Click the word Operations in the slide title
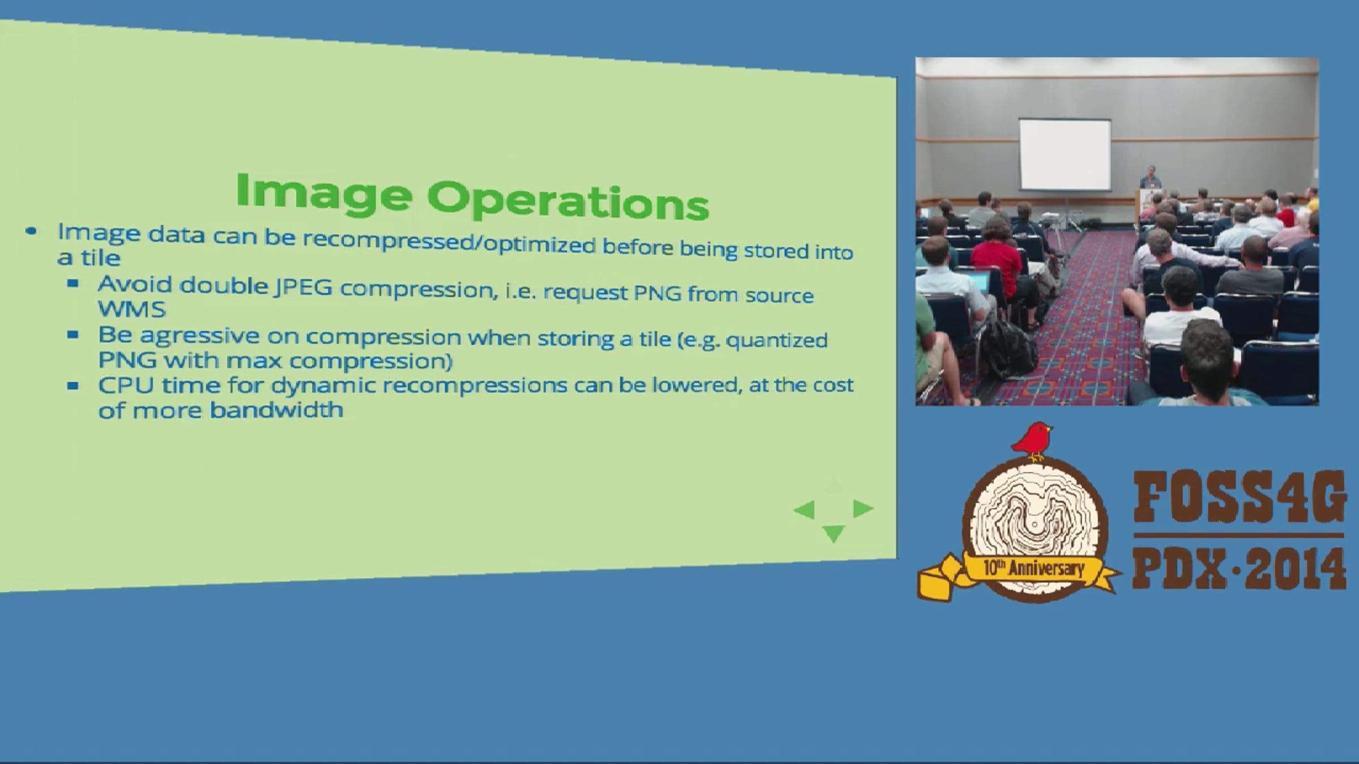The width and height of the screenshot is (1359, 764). (x=568, y=200)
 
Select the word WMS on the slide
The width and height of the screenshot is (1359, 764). (x=132, y=309)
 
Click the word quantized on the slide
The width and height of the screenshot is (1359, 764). (x=776, y=341)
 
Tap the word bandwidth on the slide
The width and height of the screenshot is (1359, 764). (x=277, y=409)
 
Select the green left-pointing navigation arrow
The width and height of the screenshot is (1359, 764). (x=805, y=510)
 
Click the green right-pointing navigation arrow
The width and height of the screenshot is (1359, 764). (x=862, y=508)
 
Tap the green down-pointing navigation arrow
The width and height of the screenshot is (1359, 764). (x=833, y=533)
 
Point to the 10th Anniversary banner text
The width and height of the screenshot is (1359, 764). (x=1034, y=568)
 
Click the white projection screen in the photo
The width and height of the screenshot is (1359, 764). (x=1065, y=154)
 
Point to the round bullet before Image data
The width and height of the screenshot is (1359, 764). (x=31, y=231)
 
